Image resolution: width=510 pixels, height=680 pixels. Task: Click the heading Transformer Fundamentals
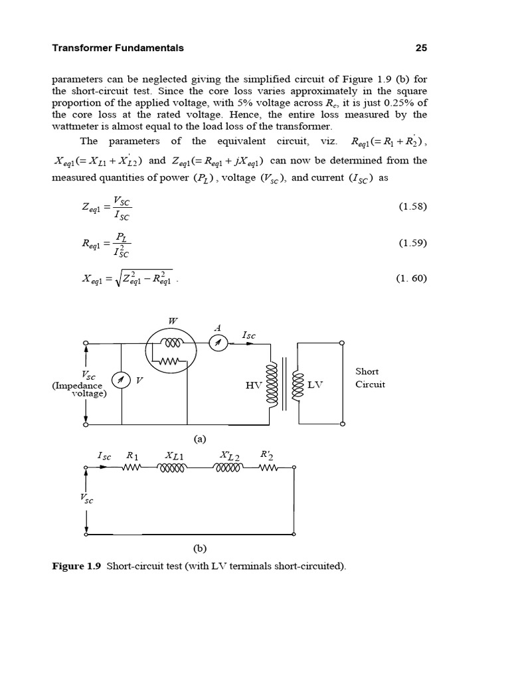pyautogui.click(x=118, y=48)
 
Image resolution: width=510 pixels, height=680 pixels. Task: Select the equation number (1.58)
pyautogui.click(x=412, y=207)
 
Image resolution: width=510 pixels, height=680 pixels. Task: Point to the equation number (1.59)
pyautogui.click(x=412, y=243)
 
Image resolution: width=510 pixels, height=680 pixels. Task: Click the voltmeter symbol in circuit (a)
pyautogui.click(x=121, y=380)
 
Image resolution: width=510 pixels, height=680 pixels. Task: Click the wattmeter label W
pyautogui.click(x=173, y=321)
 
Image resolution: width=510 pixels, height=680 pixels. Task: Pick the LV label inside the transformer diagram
pyautogui.click(x=317, y=384)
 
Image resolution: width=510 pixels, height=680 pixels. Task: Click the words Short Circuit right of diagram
pyautogui.click(x=370, y=378)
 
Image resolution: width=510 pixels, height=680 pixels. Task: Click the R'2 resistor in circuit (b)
pyautogui.click(x=267, y=467)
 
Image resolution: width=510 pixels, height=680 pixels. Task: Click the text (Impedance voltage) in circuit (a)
pyautogui.click(x=78, y=389)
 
